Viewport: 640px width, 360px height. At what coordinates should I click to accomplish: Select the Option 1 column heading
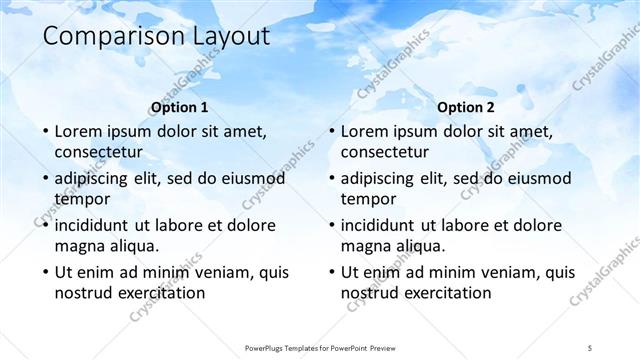[x=179, y=107]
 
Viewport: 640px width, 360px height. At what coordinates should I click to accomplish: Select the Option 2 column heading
[x=466, y=107]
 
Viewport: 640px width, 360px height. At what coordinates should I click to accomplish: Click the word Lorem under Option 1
[x=79, y=131]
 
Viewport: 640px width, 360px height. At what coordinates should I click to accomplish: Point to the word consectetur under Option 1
[x=98, y=153]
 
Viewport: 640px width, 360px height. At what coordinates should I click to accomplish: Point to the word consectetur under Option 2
[x=385, y=153]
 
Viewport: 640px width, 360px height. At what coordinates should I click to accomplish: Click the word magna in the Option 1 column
[x=78, y=246]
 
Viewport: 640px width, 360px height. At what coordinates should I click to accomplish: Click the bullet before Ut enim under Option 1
[x=43, y=272]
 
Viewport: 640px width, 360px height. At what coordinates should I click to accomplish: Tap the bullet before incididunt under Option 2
[x=330, y=225]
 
